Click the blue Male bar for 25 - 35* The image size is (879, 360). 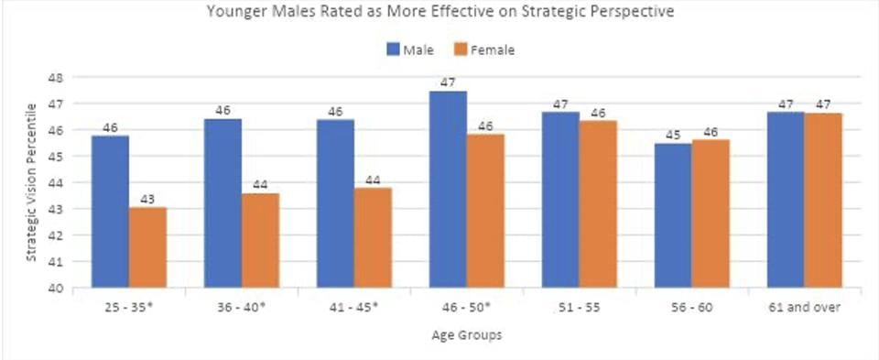[110, 212]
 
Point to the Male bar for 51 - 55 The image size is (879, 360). [560, 200]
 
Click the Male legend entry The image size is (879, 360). [408, 49]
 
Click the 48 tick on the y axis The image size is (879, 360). [55, 78]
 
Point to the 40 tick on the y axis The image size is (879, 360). [55, 288]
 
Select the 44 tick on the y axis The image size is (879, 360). [55, 183]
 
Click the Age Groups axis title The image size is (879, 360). [466, 334]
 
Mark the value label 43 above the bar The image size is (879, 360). [147, 199]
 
